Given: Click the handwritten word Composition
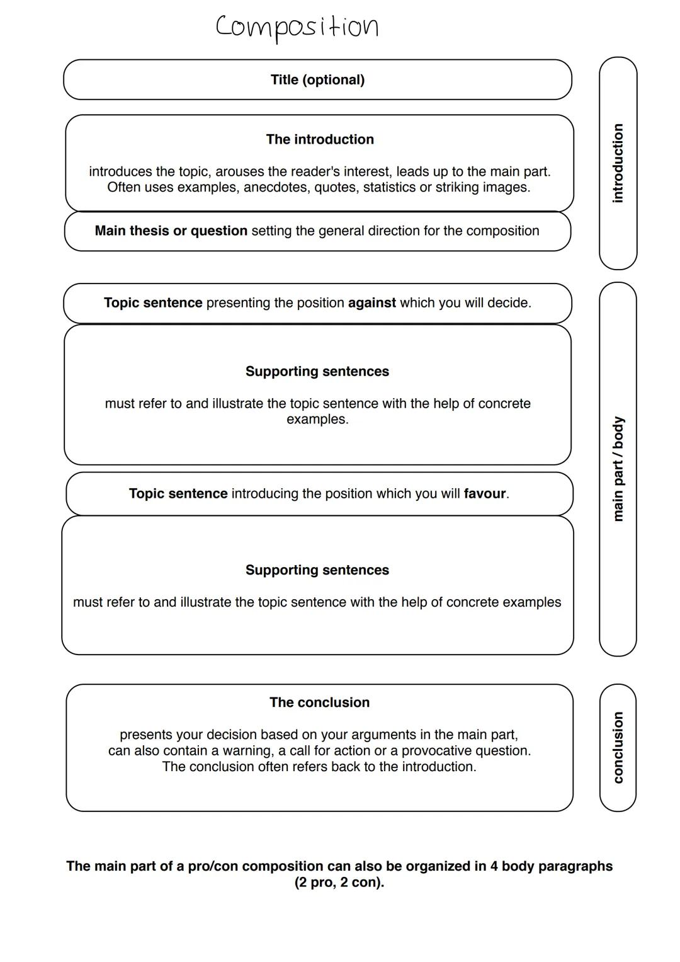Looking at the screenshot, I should coord(297,27).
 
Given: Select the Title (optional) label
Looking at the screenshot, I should coord(317,80).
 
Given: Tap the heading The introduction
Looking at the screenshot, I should coord(320,139).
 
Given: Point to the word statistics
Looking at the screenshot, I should coord(390,187).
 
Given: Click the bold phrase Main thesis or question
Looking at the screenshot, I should coord(171,231).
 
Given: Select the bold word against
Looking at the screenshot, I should coord(372,303).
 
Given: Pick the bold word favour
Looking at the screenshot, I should coord(485,494).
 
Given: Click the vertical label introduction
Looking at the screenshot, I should coord(618,163).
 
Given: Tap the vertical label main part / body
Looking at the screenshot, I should coord(618,469).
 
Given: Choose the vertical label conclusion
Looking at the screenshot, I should coord(618,748).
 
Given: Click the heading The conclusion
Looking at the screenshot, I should coord(319,702).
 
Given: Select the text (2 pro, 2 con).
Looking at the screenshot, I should coord(339,883).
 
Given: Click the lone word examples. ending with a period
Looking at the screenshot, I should coord(317,420).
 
